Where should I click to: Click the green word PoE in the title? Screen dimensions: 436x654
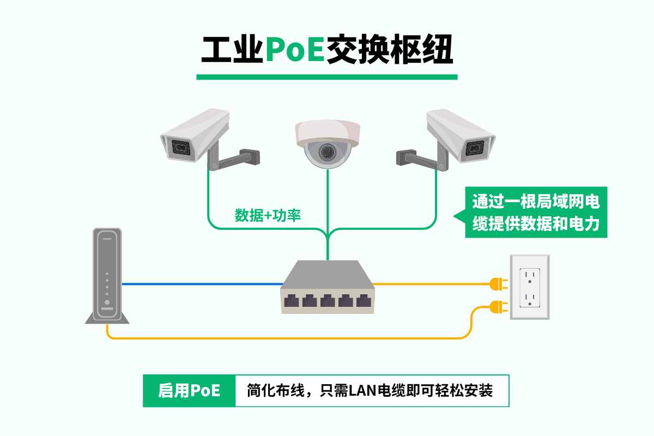pos(295,51)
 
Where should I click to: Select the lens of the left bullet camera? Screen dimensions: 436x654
pos(180,147)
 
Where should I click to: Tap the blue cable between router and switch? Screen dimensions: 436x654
pos(202,284)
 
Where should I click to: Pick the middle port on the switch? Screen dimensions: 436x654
pos(328,300)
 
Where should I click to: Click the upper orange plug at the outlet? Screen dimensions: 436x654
pos(496,283)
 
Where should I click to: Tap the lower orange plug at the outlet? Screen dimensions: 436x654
pos(496,307)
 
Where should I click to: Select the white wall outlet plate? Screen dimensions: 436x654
pos(529,287)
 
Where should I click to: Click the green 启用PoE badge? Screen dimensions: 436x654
pos(189,391)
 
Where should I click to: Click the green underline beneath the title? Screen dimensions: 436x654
pos(327,77)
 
